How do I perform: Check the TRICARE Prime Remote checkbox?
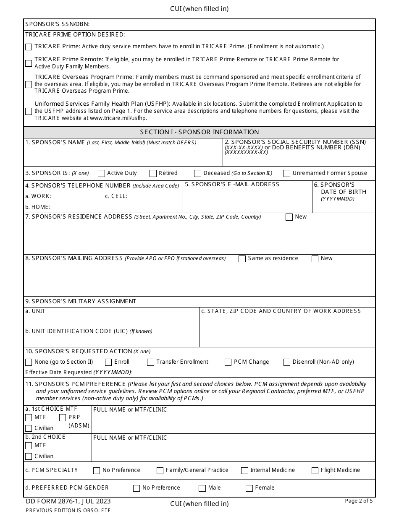pos(29,63)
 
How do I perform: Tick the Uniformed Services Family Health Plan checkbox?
pos(29,111)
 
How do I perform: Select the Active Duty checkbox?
pos(101,173)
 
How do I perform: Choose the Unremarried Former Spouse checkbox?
pos(287,173)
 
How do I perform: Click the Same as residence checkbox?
pos(242,259)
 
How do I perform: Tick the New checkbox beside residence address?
pos(289,217)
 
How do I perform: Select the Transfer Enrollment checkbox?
pos(151,362)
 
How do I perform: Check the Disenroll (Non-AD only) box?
pos(287,362)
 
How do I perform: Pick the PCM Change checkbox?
pos(228,362)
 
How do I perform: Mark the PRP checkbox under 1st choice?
pos(63,417)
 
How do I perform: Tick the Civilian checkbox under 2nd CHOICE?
pos(29,456)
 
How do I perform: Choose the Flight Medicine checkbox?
pos(315,471)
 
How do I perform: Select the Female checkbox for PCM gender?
pos(249,488)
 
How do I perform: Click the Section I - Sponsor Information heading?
pos(199,132)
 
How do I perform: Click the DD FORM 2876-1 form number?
pos(68,501)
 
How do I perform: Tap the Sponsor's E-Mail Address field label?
pos(232,184)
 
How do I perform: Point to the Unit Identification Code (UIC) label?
pos(89,331)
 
